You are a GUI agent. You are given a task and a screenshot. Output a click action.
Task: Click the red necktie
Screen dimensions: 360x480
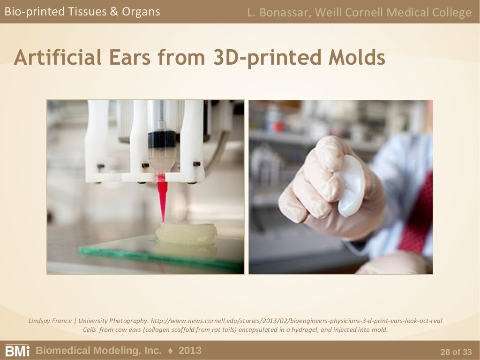(x=417, y=216)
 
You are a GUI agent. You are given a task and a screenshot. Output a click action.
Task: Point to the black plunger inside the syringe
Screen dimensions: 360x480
(x=162, y=139)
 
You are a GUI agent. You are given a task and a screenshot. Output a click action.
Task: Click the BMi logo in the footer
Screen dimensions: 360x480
(x=17, y=351)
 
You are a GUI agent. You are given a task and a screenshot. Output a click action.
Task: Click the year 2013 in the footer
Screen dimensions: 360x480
(x=190, y=350)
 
